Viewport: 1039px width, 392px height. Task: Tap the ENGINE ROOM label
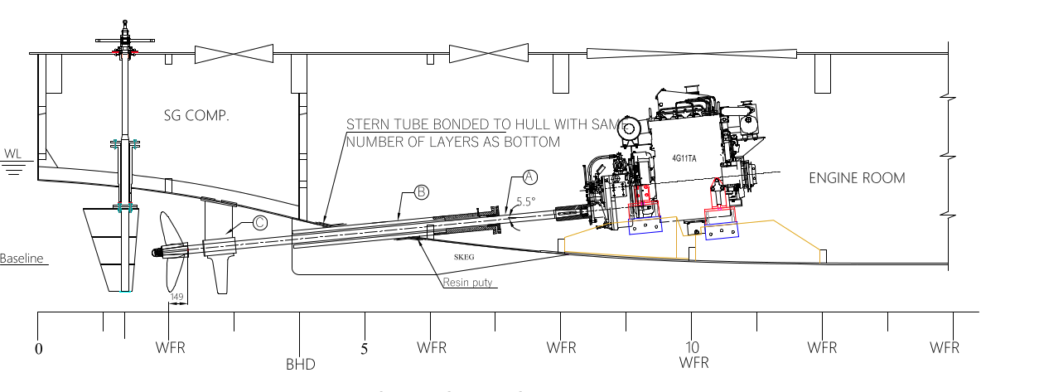pos(857,178)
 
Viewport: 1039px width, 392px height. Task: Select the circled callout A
pos(530,177)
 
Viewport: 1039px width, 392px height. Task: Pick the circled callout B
pos(421,193)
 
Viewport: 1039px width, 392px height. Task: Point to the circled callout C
pos(260,222)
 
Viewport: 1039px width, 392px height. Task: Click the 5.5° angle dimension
pos(526,201)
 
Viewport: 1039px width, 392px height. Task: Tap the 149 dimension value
pos(176,297)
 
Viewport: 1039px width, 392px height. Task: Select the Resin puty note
pos(466,283)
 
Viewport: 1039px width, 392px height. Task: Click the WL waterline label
pos(12,153)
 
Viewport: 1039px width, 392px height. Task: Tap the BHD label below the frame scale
pos(300,364)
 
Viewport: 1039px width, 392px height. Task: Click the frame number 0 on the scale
pos(38,349)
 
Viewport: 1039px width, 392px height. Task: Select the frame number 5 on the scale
pos(364,349)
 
